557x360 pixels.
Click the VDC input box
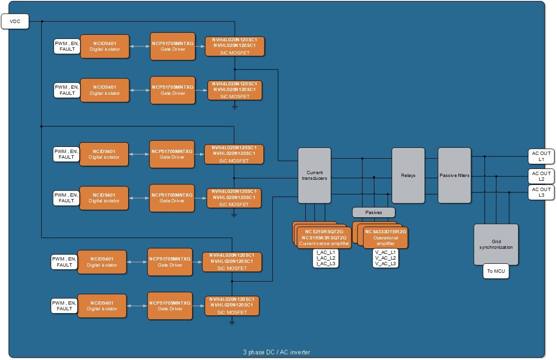tap(15, 21)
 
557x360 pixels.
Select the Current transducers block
tap(314, 175)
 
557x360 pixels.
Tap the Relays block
tap(408, 175)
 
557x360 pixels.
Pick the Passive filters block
tap(454, 175)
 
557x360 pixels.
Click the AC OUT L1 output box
tap(541, 156)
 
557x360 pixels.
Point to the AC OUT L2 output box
tap(541, 176)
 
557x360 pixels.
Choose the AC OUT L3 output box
tap(541, 192)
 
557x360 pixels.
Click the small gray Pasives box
tap(374, 213)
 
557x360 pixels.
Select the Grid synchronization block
tap(496, 244)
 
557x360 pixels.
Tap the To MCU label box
tap(496, 272)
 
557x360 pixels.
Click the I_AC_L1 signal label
tap(325, 252)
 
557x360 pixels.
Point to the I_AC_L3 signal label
tap(325, 264)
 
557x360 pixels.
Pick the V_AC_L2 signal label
tap(386, 258)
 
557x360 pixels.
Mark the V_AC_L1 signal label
tap(386, 252)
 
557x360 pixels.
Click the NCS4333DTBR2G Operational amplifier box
tap(386, 237)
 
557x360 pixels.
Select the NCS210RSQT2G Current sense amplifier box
tap(324, 237)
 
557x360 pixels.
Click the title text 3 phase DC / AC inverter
tap(276, 352)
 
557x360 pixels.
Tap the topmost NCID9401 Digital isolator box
tap(105, 46)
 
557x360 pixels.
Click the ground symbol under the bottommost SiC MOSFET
tap(231, 322)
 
